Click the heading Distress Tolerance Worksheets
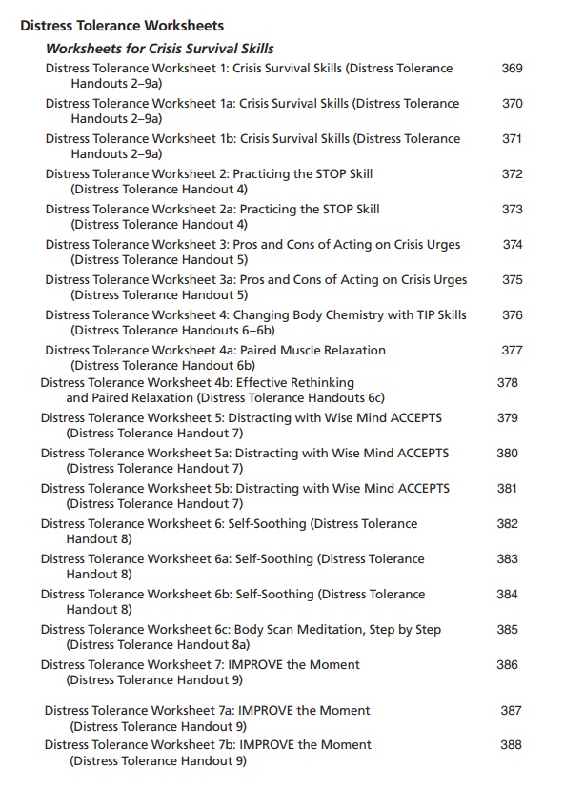click(122, 26)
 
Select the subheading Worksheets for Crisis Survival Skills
click(160, 49)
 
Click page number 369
click(512, 69)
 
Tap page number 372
click(512, 174)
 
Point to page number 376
click(512, 315)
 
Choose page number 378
click(507, 382)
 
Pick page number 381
click(507, 489)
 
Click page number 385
click(507, 630)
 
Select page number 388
click(511, 745)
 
